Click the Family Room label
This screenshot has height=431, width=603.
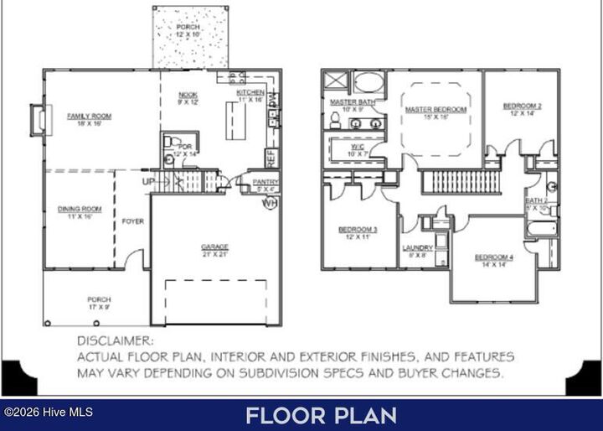tap(90, 117)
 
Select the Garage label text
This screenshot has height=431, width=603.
tap(214, 247)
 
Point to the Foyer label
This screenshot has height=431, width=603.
tap(132, 222)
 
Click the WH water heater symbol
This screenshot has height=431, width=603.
tap(270, 203)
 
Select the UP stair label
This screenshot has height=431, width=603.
tap(147, 181)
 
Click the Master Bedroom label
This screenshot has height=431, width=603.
tap(435, 110)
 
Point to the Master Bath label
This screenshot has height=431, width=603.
tap(345, 102)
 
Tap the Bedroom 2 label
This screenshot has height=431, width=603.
tap(522, 106)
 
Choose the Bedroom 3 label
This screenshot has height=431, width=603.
tap(358, 230)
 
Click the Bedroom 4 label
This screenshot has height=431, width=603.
tap(493, 257)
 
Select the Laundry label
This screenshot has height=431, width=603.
tap(417, 247)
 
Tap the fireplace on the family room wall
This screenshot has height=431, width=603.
tap(36, 118)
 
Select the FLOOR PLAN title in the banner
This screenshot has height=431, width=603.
tap(321, 415)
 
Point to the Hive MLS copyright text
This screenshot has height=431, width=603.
tap(48, 412)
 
